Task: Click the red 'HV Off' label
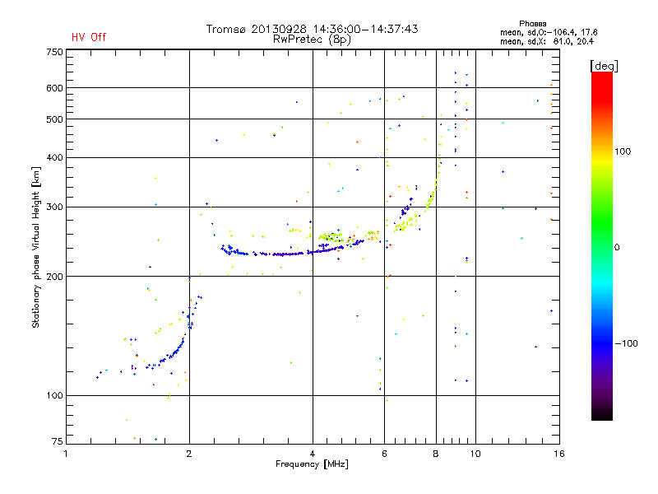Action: tap(88, 37)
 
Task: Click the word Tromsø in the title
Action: tap(226, 29)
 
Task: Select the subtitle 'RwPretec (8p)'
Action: tap(313, 39)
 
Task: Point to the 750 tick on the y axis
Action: tap(54, 51)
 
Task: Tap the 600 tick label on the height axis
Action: tap(54, 87)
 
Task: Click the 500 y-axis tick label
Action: tap(54, 119)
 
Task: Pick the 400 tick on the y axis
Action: tap(54, 157)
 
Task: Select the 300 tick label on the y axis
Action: tap(54, 207)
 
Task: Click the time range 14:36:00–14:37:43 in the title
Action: tap(365, 29)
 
